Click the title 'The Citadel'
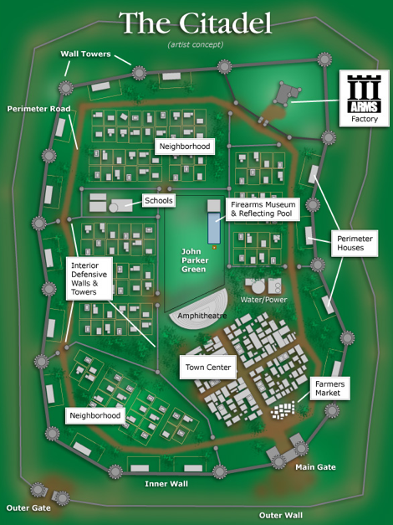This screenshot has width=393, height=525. click(x=195, y=23)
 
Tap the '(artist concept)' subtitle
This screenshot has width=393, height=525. click(x=196, y=44)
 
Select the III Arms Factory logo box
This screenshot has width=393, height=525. click(x=365, y=98)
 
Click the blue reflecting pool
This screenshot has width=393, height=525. click(x=214, y=228)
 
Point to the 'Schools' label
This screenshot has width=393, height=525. click(x=159, y=201)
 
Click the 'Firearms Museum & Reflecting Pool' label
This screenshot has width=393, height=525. click(x=263, y=209)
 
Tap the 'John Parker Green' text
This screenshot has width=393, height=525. click(x=195, y=260)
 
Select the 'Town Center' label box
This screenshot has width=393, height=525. click(x=208, y=368)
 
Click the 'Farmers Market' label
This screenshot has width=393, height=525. click(x=329, y=389)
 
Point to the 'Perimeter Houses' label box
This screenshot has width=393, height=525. click(x=355, y=243)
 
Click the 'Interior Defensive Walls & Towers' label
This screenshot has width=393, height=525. click(x=89, y=279)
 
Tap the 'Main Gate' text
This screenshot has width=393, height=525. click(x=315, y=467)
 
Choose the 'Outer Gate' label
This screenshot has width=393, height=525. click(x=28, y=508)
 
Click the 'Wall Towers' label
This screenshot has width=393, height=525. click(x=85, y=54)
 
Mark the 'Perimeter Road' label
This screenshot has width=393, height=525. click(x=38, y=109)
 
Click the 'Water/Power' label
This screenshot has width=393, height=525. click(x=264, y=300)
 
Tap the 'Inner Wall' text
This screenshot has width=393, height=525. click(x=166, y=484)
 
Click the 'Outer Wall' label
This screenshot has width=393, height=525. click(x=281, y=515)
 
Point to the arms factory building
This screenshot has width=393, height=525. click(x=287, y=94)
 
